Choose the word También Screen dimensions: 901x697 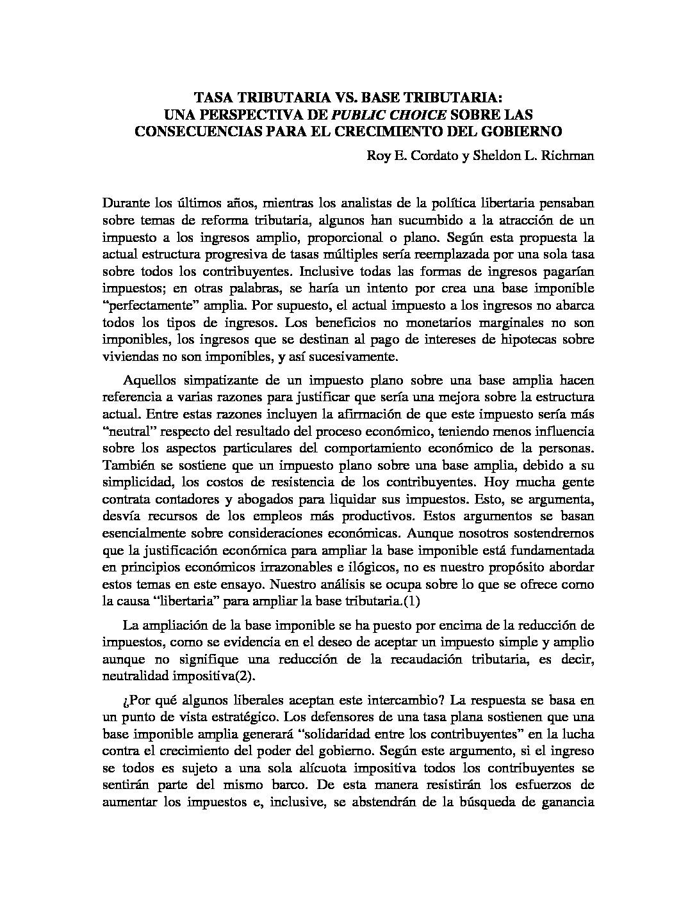126,465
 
